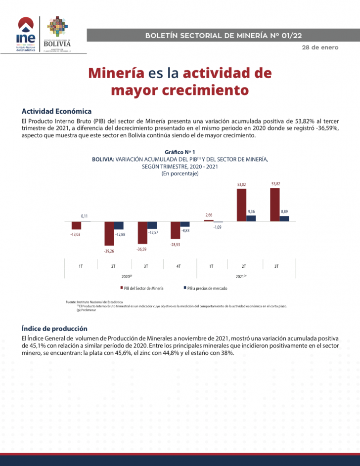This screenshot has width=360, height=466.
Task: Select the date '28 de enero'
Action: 320,47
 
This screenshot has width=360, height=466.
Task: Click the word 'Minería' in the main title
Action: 116,73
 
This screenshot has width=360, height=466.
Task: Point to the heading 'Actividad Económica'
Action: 56,111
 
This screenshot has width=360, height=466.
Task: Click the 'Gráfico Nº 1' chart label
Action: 180,152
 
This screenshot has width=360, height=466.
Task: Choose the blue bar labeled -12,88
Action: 119,225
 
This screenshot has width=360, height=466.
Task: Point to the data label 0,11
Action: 85,216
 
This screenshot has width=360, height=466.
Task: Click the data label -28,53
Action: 175,244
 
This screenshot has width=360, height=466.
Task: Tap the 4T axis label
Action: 179,266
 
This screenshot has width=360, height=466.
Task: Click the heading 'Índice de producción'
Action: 54,328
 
